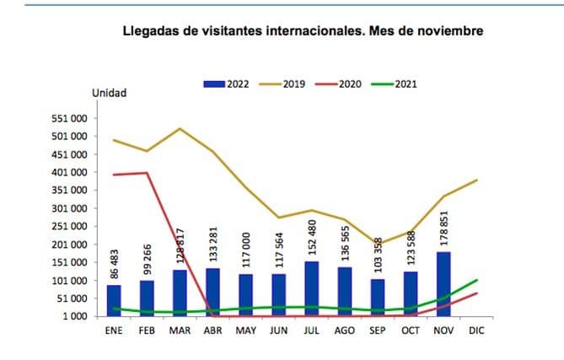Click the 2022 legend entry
[226, 84]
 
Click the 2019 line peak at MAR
[180, 129]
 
